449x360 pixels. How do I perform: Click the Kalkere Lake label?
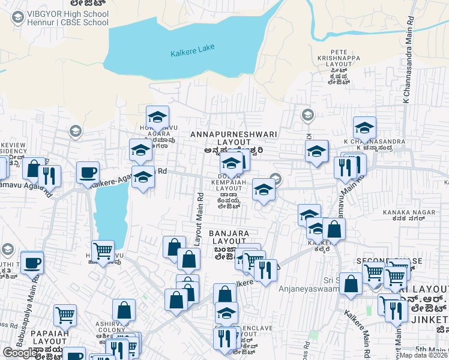(190, 52)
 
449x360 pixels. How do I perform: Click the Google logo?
(20, 353)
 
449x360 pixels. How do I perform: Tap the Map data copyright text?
(424, 355)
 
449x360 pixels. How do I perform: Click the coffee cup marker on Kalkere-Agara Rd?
(88, 172)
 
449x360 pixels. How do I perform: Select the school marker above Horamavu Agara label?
(158, 116)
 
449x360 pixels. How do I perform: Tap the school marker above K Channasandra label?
(364, 127)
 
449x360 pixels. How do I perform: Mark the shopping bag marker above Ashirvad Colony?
(124, 310)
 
